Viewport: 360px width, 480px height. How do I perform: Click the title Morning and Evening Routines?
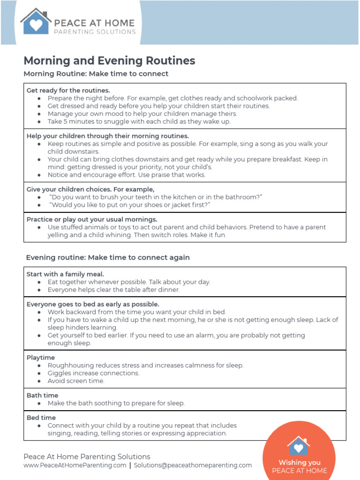point(109,60)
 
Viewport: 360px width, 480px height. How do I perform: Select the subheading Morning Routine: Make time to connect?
point(96,74)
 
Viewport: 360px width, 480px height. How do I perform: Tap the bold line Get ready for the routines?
point(68,90)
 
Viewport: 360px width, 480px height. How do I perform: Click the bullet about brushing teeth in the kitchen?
point(155,197)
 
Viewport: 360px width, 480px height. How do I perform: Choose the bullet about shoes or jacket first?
point(129,205)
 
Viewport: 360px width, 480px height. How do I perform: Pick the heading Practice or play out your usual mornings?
point(92,219)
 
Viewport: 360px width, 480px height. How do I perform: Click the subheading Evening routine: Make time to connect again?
point(108,257)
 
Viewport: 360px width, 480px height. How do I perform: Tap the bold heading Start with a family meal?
point(65,274)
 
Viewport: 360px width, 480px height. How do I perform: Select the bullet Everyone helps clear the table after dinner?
point(113,290)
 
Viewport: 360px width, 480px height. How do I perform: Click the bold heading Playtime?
point(41,357)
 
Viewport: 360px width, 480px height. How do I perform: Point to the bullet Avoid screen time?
point(76,381)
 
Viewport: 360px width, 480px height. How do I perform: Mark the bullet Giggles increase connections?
point(93,373)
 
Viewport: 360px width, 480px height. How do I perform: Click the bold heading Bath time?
point(42,395)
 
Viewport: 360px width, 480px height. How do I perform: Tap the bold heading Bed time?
point(41,417)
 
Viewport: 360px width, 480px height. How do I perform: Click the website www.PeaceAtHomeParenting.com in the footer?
point(75,465)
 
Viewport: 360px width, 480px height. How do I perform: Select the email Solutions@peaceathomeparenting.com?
point(193,465)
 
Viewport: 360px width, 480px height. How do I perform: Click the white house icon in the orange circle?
point(299,445)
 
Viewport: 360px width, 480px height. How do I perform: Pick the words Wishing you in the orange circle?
point(299,463)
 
